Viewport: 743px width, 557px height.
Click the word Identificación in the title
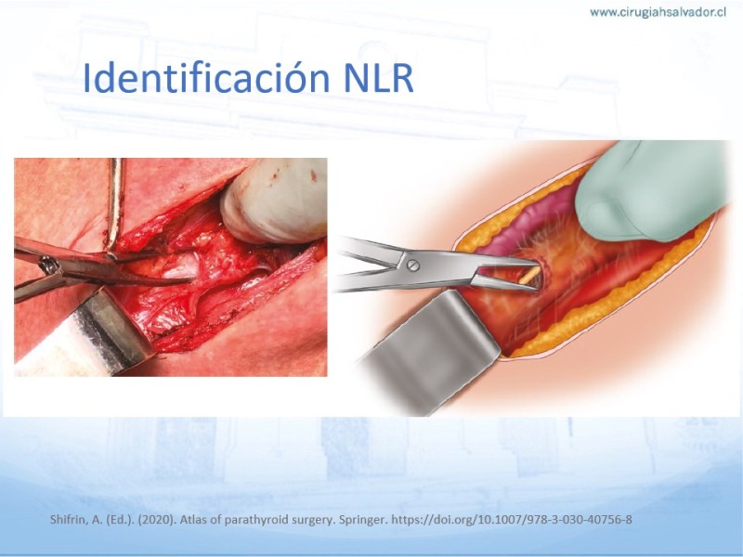[x=206, y=77]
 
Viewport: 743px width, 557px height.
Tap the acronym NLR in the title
[x=378, y=78]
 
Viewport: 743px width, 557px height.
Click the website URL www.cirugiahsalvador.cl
[x=658, y=12]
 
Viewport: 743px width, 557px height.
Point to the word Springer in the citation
[x=364, y=520]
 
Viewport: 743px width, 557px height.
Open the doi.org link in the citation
[x=512, y=520]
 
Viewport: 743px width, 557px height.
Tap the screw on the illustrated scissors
[x=413, y=266]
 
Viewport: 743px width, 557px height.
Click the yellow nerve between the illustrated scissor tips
[x=529, y=275]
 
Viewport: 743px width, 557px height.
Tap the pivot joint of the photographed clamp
[x=49, y=266]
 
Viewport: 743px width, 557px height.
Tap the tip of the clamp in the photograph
[x=193, y=278]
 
